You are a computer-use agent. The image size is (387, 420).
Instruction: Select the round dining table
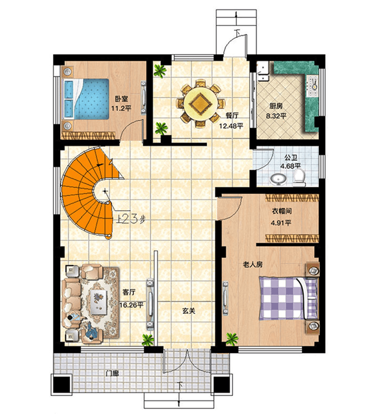(x=201, y=103)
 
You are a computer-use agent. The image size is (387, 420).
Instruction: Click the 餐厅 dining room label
(x=232, y=116)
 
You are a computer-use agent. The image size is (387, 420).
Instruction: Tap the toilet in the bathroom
(x=300, y=178)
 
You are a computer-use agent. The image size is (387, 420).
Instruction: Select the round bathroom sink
(x=278, y=180)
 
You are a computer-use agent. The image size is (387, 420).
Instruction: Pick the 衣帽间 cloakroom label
(x=282, y=212)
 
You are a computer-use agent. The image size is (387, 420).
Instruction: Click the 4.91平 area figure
(x=281, y=223)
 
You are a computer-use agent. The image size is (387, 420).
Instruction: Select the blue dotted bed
(x=88, y=99)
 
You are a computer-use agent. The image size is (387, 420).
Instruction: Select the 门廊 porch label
(x=113, y=373)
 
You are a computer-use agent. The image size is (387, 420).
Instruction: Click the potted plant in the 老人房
(x=231, y=338)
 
